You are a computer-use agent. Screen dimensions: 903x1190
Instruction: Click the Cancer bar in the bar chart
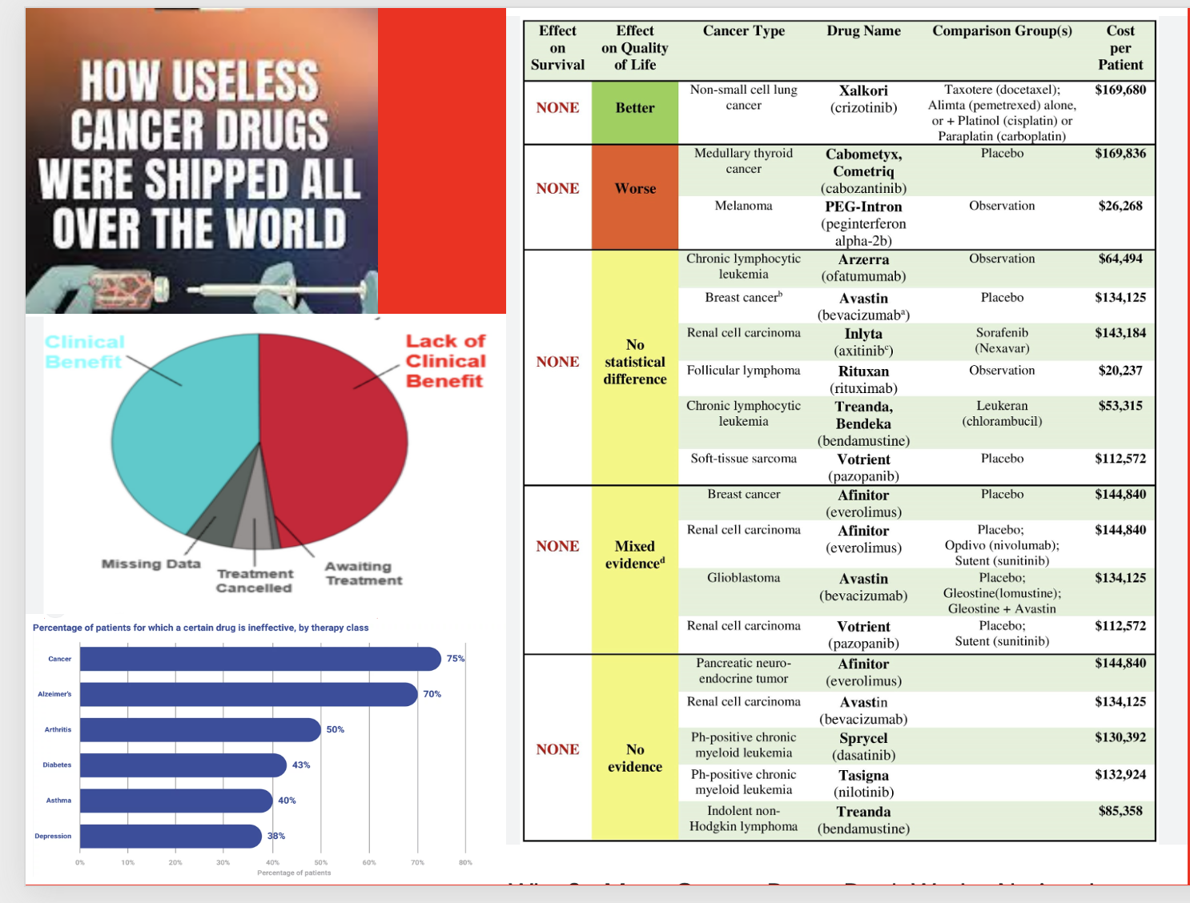pos(260,659)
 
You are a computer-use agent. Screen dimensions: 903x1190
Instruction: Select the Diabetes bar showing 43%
pos(183,765)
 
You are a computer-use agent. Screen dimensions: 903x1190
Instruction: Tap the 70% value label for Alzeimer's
pos(432,694)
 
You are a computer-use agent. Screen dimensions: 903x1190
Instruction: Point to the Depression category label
pos(53,837)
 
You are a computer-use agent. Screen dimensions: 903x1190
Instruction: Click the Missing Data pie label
pos(151,564)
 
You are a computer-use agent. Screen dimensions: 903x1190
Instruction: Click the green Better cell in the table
pos(635,108)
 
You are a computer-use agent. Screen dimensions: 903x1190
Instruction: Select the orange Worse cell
pos(635,189)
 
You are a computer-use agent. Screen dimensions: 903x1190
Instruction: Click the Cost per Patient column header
pos(1120,48)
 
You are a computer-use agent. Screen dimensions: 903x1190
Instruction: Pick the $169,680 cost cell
pos(1120,90)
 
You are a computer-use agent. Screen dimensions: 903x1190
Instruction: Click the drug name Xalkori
pos(863,90)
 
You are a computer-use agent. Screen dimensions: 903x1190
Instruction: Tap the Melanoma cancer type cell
pos(743,206)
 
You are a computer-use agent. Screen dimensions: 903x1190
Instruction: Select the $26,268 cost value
pos(1120,206)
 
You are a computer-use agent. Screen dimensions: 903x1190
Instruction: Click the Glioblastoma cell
pos(743,578)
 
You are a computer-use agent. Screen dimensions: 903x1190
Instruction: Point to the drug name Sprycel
pos(863,738)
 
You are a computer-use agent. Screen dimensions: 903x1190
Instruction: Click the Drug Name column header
pos(863,31)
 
